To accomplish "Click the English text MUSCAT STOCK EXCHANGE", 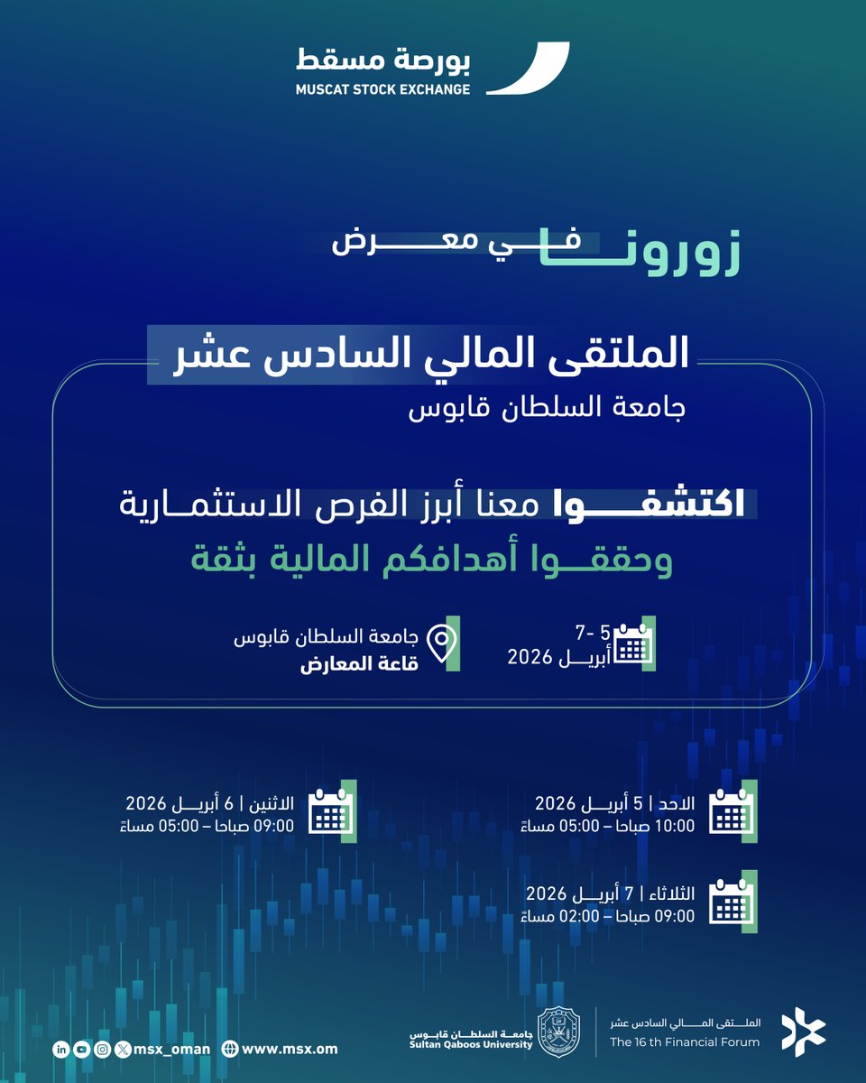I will point(383,89).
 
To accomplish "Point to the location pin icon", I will point(441,643).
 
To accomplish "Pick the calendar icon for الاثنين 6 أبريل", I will point(332,811).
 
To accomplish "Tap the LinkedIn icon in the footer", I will point(61,1049).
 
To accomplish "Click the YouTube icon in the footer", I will point(82,1049).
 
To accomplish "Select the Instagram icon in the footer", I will point(103,1049).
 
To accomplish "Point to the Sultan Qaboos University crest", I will point(559,1030).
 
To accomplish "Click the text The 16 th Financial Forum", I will point(685,1042).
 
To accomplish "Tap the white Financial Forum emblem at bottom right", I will point(803,1030).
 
